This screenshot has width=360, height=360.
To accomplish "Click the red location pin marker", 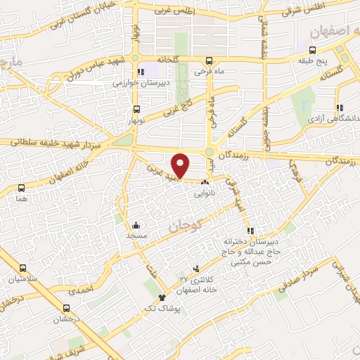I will pyautogui.click(x=181, y=165).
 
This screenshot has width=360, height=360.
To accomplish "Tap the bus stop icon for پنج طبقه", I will pyautogui.click(x=313, y=50).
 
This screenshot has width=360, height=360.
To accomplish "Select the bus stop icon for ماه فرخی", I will pyautogui.click(x=209, y=60).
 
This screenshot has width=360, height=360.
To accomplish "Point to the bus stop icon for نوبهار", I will pyautogui.click(x=136, y=109).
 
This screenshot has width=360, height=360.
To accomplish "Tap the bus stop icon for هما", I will pyautogui.click(x=21, y=188).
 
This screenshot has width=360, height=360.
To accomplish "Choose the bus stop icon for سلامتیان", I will pyautogui.click(x=22, y=268).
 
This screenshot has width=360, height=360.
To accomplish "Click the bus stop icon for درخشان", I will pyautogui.click(x=66, y=307).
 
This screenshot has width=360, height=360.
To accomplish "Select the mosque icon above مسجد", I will pyautogui.click(x=136, y=226).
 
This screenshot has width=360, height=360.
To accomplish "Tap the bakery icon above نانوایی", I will pyautogui.click(x=205, y=182).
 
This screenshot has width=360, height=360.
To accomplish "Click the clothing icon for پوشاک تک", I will pyautogui.click(x=162, y=297).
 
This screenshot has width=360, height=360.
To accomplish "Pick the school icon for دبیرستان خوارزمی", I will pyautogui.click(x=141, y=70).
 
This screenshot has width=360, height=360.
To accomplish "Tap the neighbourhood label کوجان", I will pyautogui.click(x=185, y=226).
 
